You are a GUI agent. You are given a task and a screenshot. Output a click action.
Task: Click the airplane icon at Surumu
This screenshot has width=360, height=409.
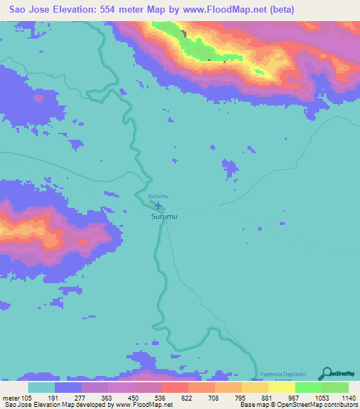pyautogui.click(x=158, y=206)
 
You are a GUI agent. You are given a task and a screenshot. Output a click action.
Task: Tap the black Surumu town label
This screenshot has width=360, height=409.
pyautogui.click(x=164, y=218)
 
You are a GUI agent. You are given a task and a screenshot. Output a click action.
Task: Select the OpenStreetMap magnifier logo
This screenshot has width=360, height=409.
pyautogui.click(x=326, y=373)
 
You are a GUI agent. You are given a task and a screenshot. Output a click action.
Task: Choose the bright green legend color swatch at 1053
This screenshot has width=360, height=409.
pyautogui.click(x=308, y=387)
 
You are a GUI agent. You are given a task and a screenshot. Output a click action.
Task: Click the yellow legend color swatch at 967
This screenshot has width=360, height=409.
pyautogui.click(x=281, y=387)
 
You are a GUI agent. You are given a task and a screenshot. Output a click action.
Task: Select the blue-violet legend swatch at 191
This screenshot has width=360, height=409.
pyautogui.click(x=68, y=387)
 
